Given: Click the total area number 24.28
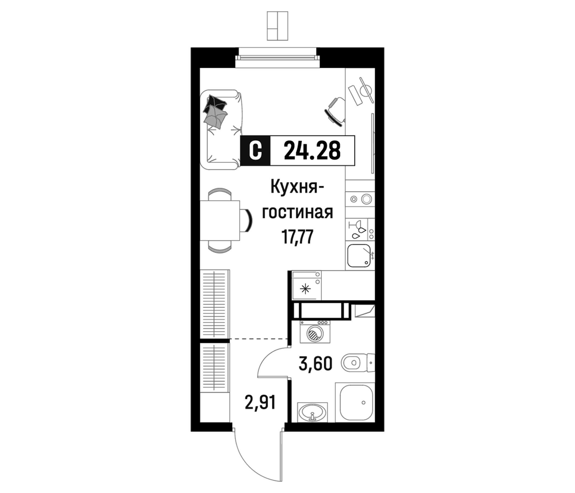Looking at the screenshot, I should coord(312,151).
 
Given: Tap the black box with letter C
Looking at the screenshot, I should coord(255,151).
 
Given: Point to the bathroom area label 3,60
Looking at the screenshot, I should coord(315,364).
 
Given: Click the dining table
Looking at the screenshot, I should coord(220,221).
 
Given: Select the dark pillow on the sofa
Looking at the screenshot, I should coord(215,104).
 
